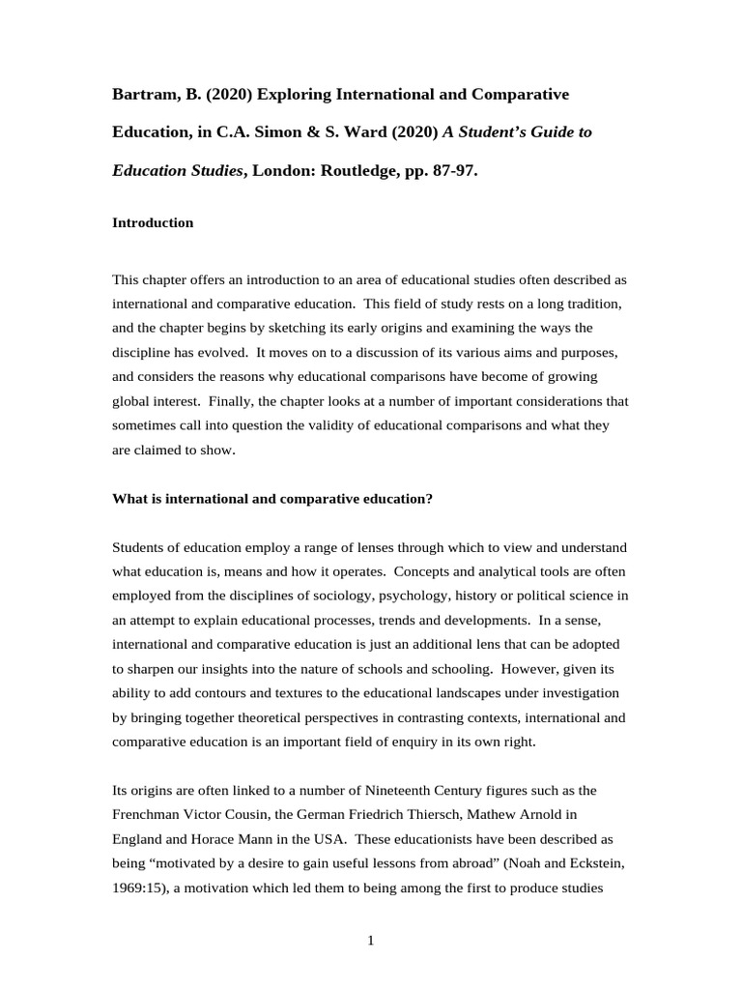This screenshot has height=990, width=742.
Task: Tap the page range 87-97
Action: [449, 170]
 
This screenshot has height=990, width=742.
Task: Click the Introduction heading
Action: [153, 223]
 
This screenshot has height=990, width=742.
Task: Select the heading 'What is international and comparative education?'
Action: [272, 499]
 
